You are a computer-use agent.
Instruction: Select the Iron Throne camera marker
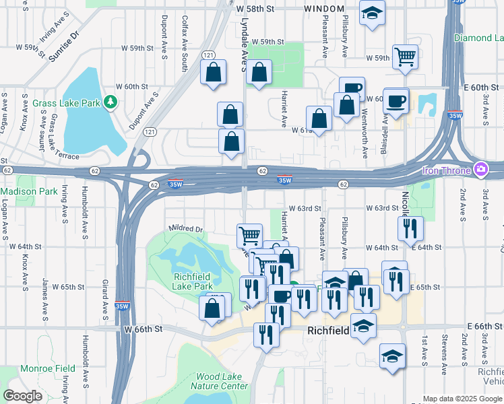click(x=480, y=168)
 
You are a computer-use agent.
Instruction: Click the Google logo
click(x=22, y=396)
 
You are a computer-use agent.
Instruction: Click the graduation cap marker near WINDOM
click(x=371, y=13)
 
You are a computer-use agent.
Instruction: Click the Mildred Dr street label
click(x=185, y=229)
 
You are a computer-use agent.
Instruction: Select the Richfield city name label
click(x=328, y=331)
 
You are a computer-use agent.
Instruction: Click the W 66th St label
click(x=144, y=329)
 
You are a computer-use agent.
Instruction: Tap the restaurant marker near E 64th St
click(x=410, y=229)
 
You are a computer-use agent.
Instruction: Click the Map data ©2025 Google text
click(x=462, y=399)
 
